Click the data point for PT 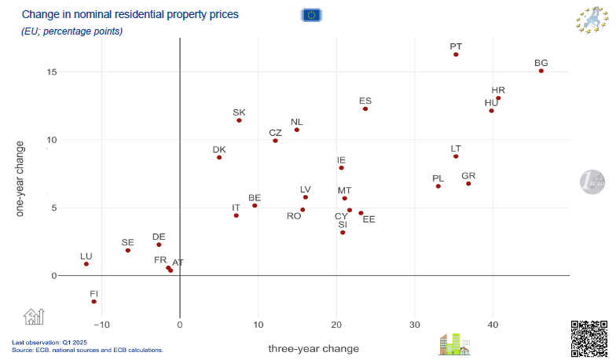456,54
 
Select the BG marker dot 541,71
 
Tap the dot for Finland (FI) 93,302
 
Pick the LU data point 86,264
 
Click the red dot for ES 365,108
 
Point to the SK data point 239,120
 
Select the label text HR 498,90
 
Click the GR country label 468,176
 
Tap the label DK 219,149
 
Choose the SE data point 127,251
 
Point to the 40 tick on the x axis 493,325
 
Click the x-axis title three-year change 313,348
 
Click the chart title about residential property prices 130,14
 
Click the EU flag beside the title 311,14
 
